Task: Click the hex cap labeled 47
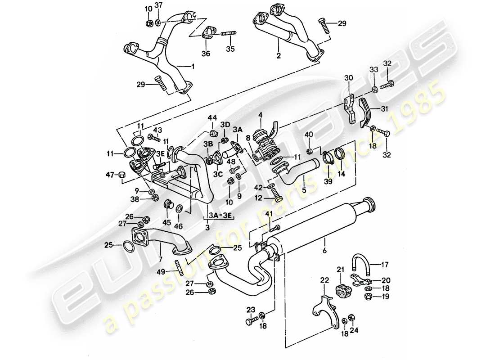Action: (121, 175)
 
